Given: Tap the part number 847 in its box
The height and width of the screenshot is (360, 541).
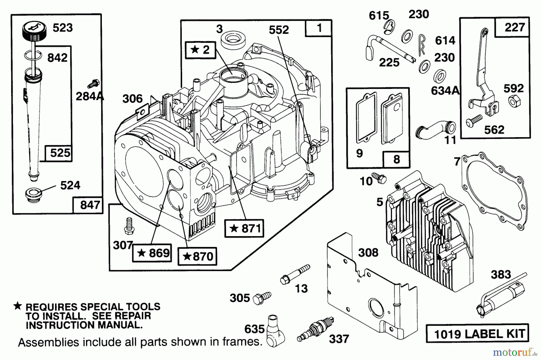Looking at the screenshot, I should (x=90, y=205).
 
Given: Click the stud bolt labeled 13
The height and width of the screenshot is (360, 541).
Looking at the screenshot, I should (x=295, y=274).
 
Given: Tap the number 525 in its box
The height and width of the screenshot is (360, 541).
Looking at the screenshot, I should (x=60, y=153).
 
